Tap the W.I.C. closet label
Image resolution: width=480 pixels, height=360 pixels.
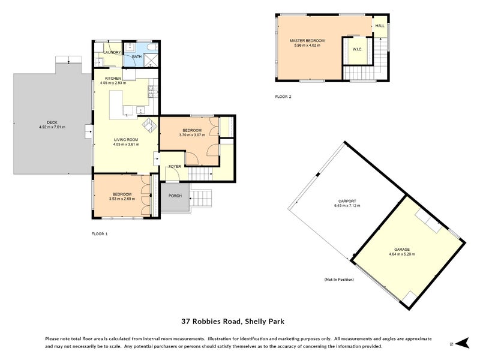356,49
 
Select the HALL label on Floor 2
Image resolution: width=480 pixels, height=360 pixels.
380,26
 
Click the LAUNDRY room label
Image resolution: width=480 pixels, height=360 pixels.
112,52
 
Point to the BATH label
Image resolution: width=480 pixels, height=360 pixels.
137,57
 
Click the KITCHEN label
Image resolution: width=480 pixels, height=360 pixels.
113,79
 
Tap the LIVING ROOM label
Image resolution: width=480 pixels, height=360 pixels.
126,140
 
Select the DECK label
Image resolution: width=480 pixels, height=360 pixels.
43,122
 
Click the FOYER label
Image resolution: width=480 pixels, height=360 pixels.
175,166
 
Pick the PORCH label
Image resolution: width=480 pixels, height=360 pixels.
175,196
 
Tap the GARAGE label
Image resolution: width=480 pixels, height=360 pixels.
401,248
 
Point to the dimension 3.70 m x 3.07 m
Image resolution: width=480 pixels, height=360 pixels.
192,135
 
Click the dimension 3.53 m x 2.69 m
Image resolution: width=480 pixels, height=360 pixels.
122,199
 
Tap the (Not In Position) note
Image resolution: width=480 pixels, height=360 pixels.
339,280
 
